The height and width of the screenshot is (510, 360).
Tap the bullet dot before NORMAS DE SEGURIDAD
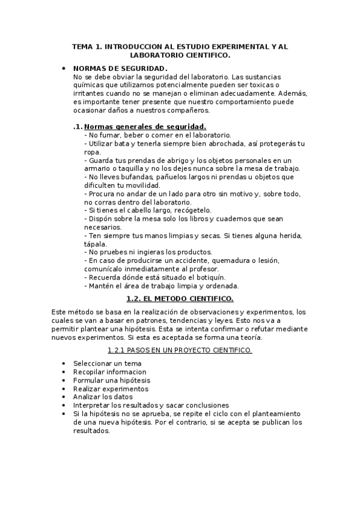64,69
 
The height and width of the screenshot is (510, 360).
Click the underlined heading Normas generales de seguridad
145,126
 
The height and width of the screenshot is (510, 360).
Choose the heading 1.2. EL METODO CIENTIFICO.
180,298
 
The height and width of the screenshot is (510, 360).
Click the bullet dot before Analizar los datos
64,397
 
